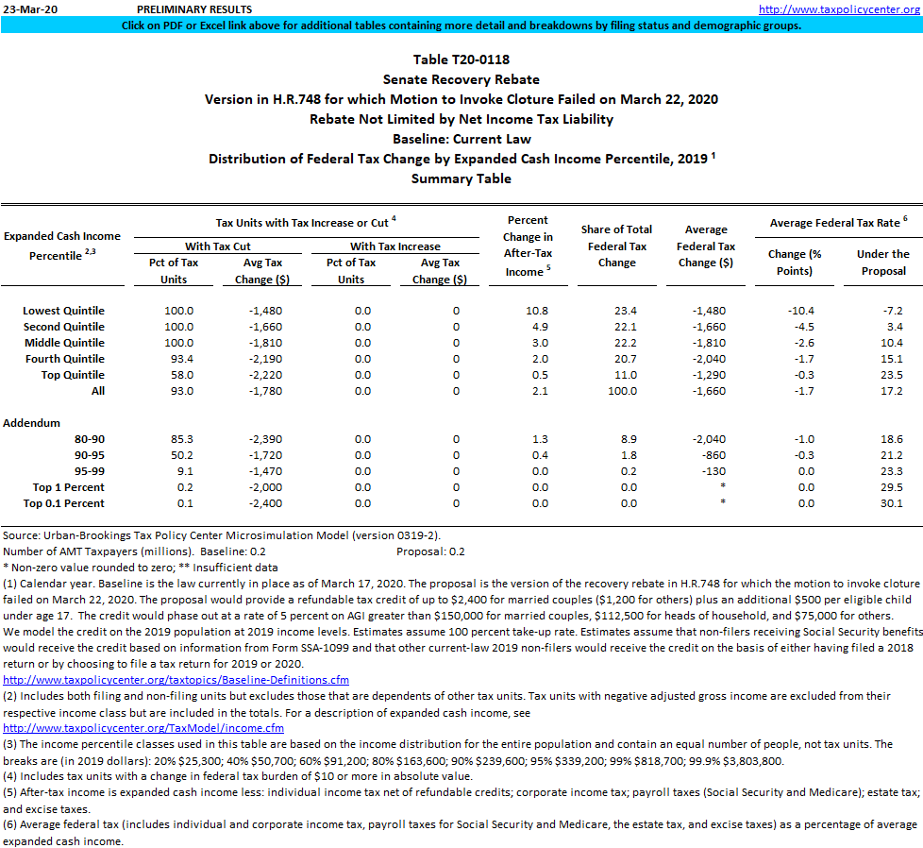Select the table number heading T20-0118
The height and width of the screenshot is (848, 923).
click(461, 59)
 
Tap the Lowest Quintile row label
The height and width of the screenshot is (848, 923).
click(63, 311)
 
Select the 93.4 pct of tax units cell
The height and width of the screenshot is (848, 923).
click(178, 359)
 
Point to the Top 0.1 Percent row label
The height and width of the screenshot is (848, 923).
click(64, 503)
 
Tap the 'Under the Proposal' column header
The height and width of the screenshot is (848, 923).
click(882, 263)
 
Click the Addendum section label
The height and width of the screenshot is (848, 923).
click(31, 423)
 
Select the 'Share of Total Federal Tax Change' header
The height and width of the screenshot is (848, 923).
click(616, 246)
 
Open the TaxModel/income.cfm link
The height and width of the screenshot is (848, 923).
click(143, 728)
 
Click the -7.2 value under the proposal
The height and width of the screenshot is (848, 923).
click(892, 311)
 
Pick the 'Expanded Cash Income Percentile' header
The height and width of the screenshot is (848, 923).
click(62, 246)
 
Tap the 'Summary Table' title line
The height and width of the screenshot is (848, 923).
click(461, 178)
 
